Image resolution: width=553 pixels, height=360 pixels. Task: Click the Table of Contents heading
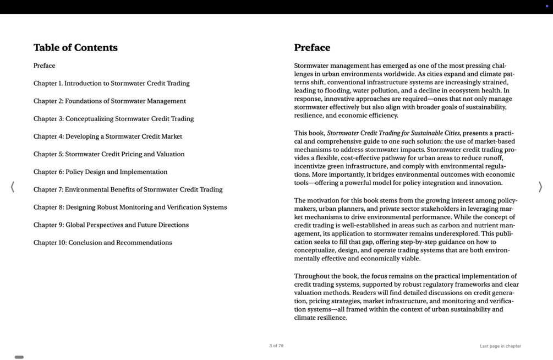75,48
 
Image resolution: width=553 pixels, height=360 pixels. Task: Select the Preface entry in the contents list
44,66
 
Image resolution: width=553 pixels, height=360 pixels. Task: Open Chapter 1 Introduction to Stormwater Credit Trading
111,84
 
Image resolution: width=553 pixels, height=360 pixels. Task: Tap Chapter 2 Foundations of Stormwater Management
109,101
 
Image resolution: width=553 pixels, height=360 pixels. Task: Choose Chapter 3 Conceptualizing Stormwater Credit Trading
113,119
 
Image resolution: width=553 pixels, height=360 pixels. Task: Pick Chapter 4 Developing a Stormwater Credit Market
107,137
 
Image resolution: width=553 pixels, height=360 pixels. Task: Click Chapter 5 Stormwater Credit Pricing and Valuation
109,154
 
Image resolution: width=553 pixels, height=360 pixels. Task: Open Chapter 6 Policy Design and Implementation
100,172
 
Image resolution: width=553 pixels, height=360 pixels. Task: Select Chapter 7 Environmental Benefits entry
128,190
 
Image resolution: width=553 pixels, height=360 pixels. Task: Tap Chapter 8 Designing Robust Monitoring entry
130,208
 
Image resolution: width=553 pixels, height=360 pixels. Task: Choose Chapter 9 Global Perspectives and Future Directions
111,225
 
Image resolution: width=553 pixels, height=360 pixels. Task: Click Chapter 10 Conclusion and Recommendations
102,243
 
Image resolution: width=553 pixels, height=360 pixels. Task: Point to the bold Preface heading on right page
312,48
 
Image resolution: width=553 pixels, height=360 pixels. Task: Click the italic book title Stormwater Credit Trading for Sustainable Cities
393,133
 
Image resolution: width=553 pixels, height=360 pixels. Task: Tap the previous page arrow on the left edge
13,187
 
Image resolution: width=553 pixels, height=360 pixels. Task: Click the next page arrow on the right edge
540,187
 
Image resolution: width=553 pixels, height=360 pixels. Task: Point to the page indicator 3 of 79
276,346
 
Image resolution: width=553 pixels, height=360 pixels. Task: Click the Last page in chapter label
500,346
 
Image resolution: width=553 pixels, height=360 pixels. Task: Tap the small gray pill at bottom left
19,357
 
